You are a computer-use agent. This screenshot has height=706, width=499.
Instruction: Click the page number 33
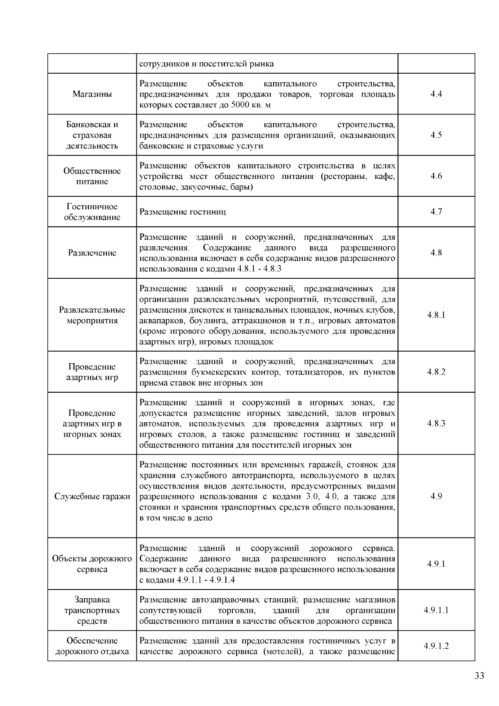[479, 676]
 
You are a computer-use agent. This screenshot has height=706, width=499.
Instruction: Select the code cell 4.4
[436, 94]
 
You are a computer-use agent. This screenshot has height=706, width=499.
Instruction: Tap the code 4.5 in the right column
[436, 135]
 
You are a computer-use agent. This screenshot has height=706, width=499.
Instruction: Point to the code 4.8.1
[436, 315]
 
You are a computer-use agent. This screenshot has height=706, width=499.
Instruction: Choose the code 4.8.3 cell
[436, 424]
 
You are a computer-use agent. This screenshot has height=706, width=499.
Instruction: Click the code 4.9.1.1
[436, 610]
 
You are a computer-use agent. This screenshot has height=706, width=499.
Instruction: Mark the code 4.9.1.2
[436, 646]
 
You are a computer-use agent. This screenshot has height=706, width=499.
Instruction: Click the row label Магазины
[92, 94]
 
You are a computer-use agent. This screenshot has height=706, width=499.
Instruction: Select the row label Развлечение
[92, 253]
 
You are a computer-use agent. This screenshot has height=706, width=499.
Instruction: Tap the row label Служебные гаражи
[92, 496]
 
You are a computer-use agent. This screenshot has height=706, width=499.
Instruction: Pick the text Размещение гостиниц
[183, 212]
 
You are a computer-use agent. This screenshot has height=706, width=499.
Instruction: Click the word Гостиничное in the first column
[92, 207]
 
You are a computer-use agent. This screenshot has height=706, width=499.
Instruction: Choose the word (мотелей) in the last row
[281, 652]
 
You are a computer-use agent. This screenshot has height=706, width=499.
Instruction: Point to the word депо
[203, 518]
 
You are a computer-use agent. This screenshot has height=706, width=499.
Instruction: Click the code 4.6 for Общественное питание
[436, 176]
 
